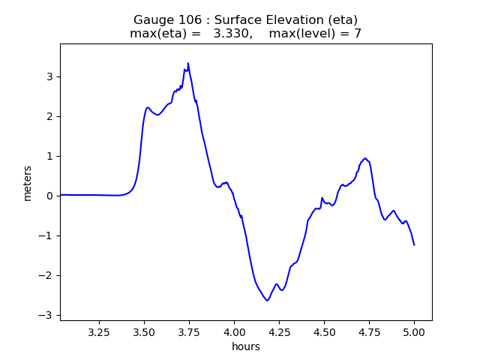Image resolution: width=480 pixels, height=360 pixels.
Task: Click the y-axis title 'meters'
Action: tap(28, 183)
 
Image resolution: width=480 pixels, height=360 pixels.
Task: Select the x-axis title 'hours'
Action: tap(246, 346)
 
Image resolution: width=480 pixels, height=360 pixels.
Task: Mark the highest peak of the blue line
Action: tap(188, 63)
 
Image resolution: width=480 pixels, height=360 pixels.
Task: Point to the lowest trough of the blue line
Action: tap(267, 301)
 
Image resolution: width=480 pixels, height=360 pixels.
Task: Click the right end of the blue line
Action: tap(414, 245)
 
